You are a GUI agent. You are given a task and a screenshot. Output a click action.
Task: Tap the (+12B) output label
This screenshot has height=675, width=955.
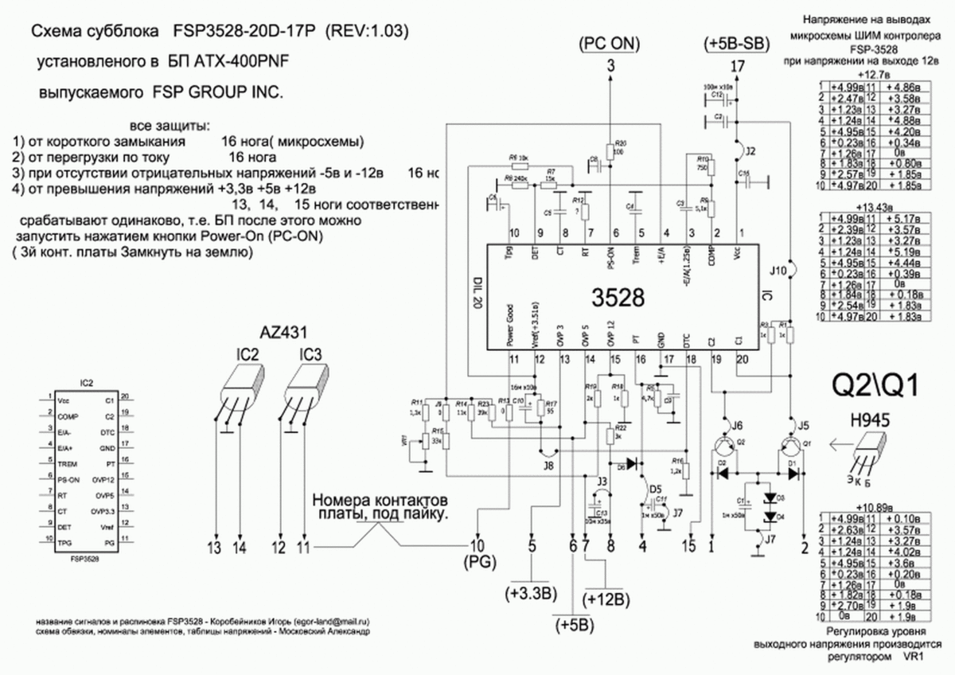pos(607,598)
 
